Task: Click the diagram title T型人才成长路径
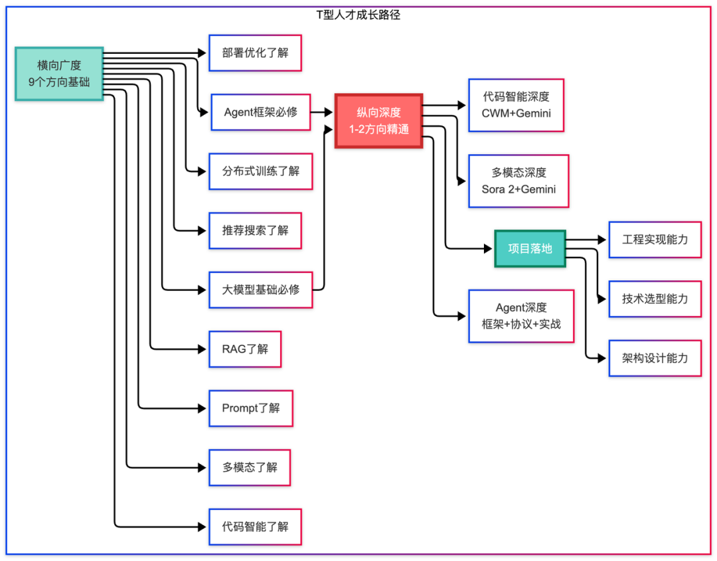click(x=358, y=15)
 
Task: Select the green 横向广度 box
click(x=59, y=74)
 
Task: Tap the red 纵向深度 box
click(x=378, y=121)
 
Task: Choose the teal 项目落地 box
click(x=530, y=248)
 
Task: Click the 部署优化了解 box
click(x=256, y=53)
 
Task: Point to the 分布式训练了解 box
click(x=261, y=171)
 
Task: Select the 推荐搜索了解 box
click(x=256, y=230)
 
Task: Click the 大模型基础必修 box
click(x=261, y=289)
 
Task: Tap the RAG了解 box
click(x=245, y=349)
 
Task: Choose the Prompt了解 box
click(x=251, y=408)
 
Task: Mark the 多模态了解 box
click(x=250, y=467)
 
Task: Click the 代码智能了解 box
click(x=256, y=526)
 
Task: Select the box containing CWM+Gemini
click(x=516, y=105)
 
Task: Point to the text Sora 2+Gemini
click(x=518, y=189)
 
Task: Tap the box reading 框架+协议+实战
click(x=521, y=316)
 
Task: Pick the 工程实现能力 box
click(x=655, y=239)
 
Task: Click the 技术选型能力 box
click(x=655, y=299)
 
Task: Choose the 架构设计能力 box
click(x=655, y=358)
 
